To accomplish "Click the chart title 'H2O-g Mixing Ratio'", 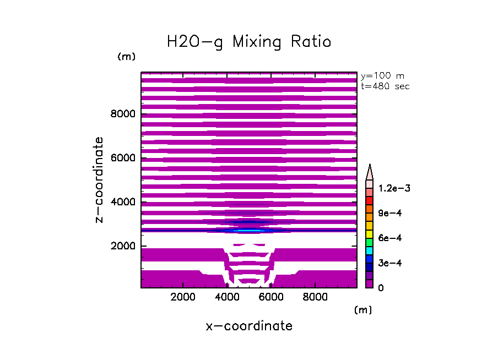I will [249, 42].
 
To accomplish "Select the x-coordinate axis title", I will [249, 326].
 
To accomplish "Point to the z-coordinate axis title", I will [99, 180].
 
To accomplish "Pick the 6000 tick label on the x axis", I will [270, 297].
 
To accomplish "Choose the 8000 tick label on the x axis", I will [314, 297].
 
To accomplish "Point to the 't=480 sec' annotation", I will [385, 86].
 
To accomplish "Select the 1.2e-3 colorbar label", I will [394, 188].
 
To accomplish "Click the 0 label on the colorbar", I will [381, 288].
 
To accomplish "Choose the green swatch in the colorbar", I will [370, 242].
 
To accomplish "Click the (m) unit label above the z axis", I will [126, 57].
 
